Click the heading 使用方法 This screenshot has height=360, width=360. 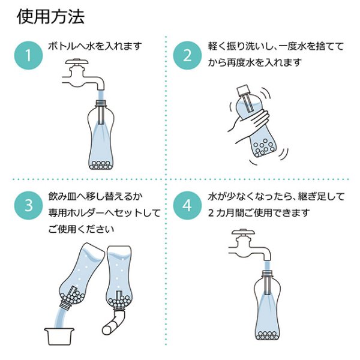coord(51,17)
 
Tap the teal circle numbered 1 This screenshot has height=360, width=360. coord(28,55)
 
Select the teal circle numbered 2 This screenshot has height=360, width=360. coord(187,55)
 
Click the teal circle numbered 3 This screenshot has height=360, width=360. coord(28,205)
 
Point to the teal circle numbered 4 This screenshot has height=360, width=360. coord(187,205)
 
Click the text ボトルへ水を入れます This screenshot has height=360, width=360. coord(95,46)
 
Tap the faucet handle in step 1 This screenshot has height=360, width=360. coord(77,61)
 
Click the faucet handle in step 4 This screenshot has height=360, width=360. coord(243,232)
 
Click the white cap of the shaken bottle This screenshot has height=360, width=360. coord(243,91)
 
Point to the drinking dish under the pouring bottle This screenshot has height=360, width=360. coord(59,337)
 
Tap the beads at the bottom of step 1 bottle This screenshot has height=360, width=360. coord(101,165)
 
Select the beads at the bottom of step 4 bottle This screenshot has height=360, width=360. coord(268,335)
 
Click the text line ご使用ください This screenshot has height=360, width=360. coord(81,229)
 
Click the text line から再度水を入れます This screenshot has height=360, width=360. coord(254,62)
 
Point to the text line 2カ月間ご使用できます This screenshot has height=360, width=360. coord(259,212)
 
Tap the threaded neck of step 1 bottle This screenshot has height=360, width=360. coord(101,103)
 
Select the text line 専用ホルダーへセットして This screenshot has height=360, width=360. coord(104,212)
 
